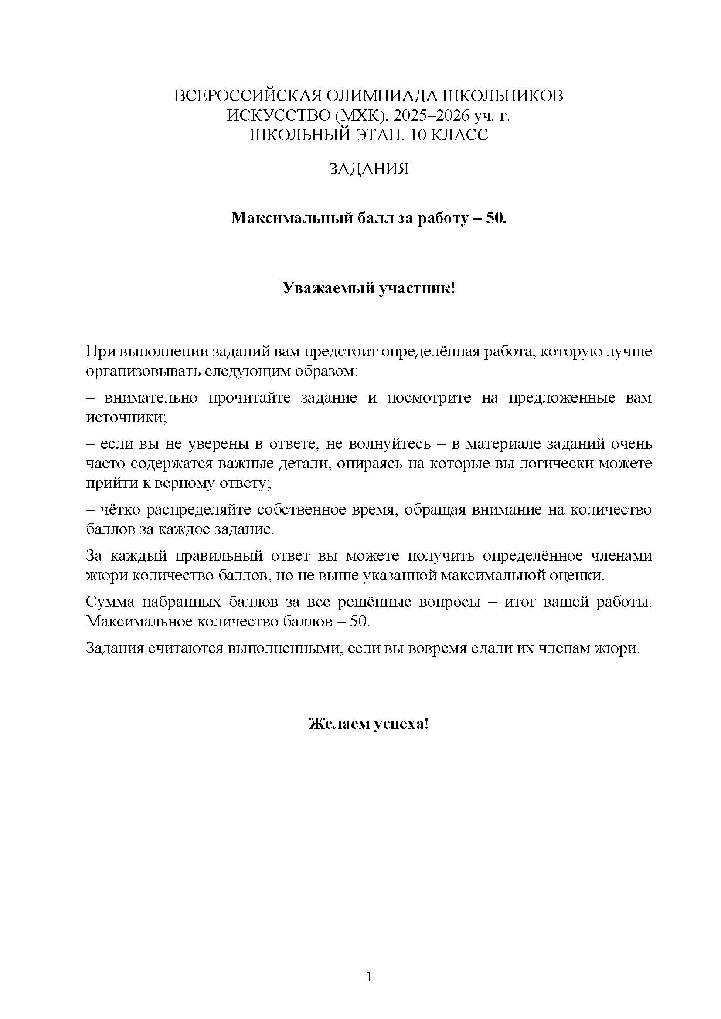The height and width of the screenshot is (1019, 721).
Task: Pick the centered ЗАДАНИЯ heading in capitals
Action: coord(368,169)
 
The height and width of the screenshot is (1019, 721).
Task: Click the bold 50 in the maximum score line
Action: coord(495,218)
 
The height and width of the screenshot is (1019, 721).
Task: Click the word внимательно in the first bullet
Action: coord(151,398)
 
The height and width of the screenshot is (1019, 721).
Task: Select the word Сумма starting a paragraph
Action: coord(109,602)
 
